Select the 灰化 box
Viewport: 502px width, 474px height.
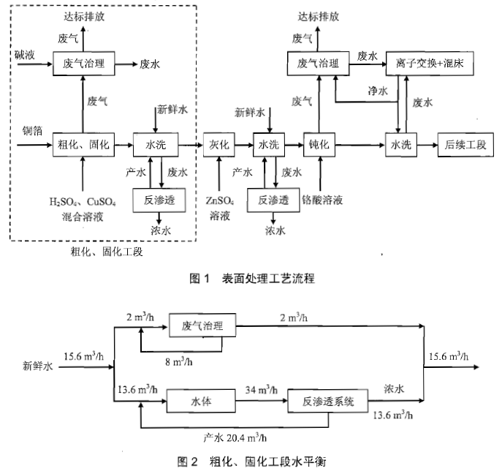point(220,145)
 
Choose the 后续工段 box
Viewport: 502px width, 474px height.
point(461,145)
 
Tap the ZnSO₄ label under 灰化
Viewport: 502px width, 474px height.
point(220,200)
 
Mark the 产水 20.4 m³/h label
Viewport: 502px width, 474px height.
point(235,437)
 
